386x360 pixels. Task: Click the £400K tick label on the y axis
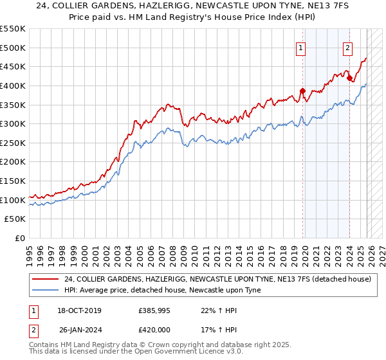[x=13, y=85]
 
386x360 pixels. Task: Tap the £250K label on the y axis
[x=13, y=143]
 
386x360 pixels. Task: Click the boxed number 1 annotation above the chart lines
[x=301, y=47]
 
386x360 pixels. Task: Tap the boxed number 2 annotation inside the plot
[x=347, y=47]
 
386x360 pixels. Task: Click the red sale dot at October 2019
[x=302, y=91]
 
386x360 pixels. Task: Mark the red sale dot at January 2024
[x=350, y=78]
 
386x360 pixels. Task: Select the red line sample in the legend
[x=45, y=280]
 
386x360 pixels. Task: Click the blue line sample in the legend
[x=45, y=290]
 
